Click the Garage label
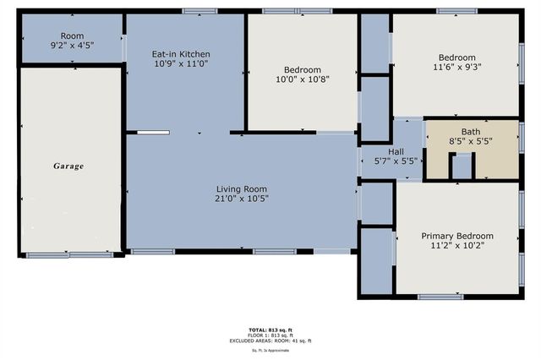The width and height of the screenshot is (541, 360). click(69, 166)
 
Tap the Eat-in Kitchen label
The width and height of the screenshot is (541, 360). click(181, 54)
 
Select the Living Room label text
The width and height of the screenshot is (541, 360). click(241, 188)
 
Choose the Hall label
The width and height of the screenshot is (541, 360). click(396, 151)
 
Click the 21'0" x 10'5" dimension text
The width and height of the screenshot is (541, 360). click(241, 199)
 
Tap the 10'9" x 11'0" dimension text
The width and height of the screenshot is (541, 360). click(181, 65)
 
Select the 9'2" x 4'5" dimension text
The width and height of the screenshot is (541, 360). click(72, 46)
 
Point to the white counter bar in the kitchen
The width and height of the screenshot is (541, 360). click(153, 132)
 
